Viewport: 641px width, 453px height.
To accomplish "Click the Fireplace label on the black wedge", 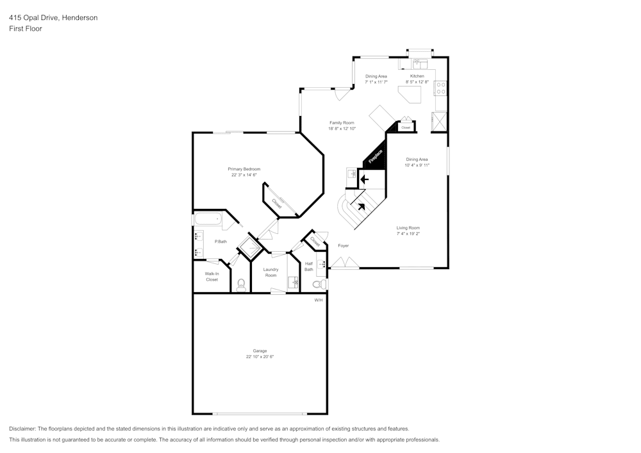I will [376, 157].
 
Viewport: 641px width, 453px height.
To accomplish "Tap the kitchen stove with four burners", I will [441, 87].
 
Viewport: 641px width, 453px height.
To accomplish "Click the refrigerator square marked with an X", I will [440, 121].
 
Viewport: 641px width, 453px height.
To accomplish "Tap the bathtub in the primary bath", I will [208, 219].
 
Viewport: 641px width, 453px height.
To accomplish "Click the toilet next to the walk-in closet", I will [241, 284].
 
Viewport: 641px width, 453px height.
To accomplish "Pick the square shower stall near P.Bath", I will [248, 247].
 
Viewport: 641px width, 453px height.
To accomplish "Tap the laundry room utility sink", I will [293, 281].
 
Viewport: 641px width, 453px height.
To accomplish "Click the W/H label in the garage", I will [319, 300].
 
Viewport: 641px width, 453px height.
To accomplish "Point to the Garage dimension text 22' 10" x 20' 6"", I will [260, 357].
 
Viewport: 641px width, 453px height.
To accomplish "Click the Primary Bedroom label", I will [244, 169].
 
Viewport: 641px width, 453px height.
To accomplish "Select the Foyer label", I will [343, 245].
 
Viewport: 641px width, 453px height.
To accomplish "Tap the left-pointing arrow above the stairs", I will [364, 180].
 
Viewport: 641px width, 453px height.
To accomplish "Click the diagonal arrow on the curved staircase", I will [361, 206].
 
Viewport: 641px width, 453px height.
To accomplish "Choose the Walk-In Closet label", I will [212, 277].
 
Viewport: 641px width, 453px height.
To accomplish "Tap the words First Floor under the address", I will [26, 29].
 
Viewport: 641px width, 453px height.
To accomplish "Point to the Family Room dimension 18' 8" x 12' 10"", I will [342, 129].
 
